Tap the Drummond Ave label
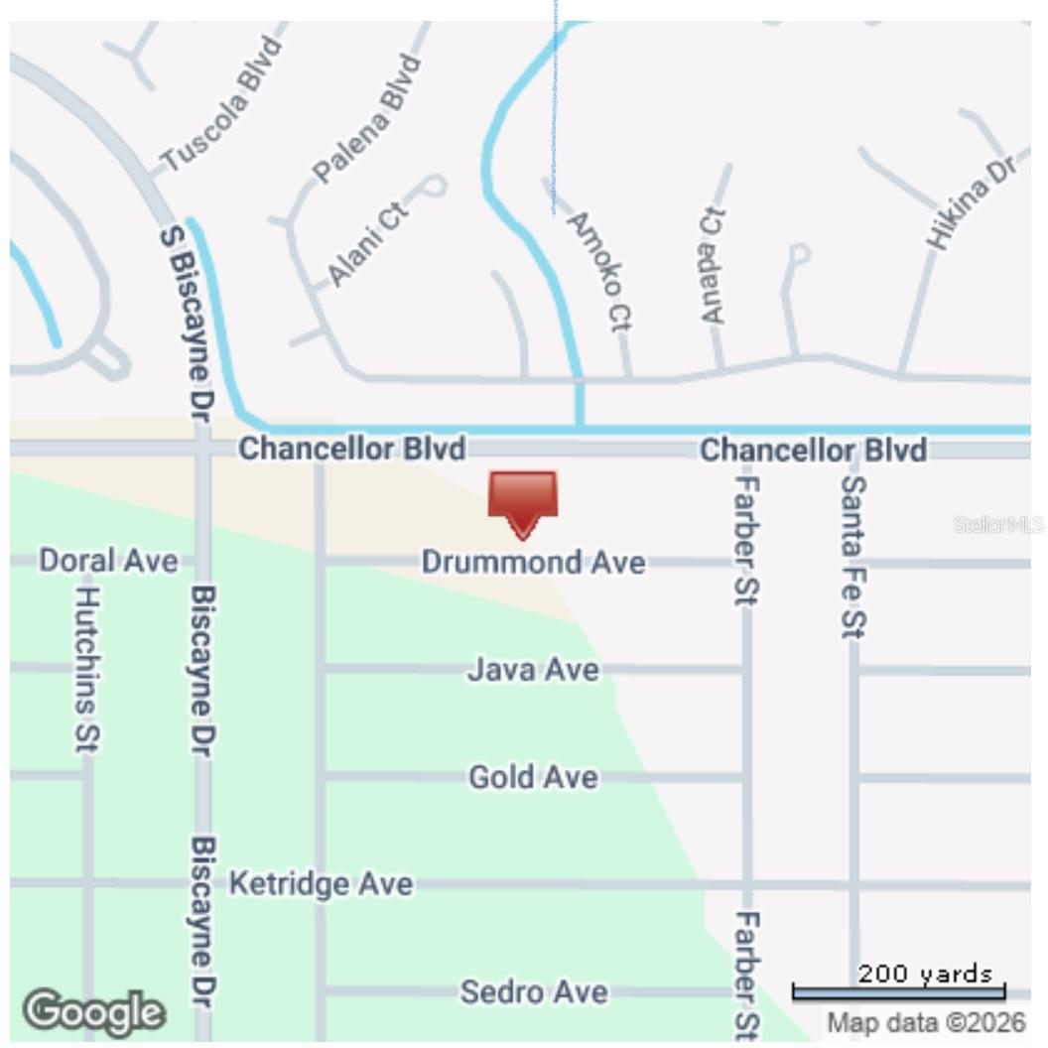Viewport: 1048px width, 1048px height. tap(533, 563)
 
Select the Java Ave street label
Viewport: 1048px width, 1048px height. tap(533, 670)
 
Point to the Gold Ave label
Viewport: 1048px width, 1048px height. tap(533, 776)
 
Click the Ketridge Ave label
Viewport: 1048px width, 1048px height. tap(321, 883)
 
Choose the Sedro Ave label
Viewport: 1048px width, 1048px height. tap(533, 990)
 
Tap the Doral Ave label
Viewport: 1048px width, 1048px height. tap(108, 561)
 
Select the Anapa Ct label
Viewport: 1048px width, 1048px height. tap(713, 266)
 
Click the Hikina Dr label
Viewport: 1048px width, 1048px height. tap(972, 203)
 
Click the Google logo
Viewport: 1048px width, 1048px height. tap(94, 1011)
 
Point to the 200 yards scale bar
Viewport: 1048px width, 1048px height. tap(898, 990)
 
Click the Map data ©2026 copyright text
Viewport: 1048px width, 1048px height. tap(926, 1022)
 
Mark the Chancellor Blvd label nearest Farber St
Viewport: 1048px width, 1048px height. tap(814, 450)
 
